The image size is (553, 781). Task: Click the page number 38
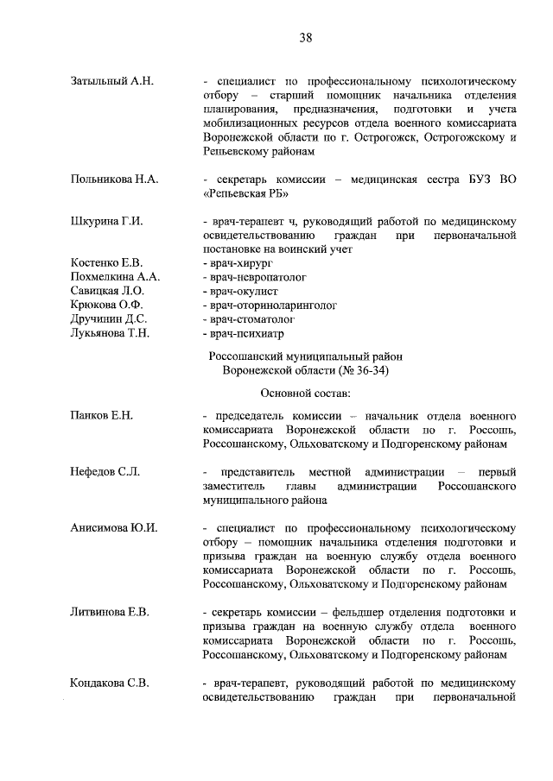point(305,37)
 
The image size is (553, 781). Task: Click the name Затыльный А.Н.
point(111,81)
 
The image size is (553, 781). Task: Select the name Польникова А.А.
point(113,179)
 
